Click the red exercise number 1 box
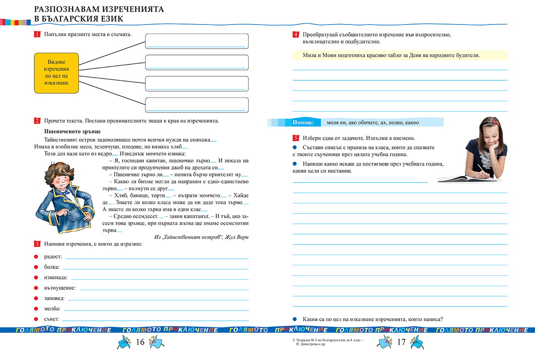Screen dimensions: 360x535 pos(37,35)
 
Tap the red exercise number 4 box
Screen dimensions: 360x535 pos(296,35)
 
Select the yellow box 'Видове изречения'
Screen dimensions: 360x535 pos(56,73)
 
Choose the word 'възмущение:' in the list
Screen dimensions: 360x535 pos(60,288)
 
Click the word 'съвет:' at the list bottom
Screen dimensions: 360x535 pos(52,319)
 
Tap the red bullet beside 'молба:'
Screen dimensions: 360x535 pos(36,309)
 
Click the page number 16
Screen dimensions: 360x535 pos(140,342)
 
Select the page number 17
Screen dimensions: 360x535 pos(401,342)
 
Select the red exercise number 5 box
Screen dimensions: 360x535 pos(296,138)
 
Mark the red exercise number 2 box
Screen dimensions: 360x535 pos(37,121)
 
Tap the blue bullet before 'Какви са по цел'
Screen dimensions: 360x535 pos(294,319)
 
